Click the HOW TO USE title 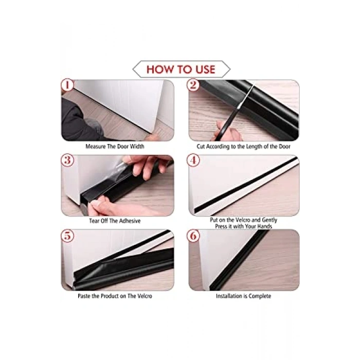click(181, 69)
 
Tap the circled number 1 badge click(67, 85)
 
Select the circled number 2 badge click(193, 85)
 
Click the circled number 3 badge click(67, 160)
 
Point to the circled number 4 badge click(193, 160)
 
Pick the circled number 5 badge click(67, 236)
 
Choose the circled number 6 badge click(193, 236)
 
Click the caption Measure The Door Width click(115, 147)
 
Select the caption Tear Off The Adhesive click(115, 221)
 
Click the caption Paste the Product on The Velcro click(115, 296)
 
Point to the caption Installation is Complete click(243, 296)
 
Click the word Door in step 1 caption click(123, 147)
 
